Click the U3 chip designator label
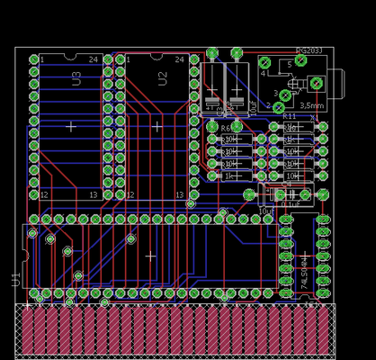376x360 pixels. point(76,78)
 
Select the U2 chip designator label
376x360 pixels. point(163,78)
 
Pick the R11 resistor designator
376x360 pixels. point(290,116)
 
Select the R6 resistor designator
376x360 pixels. point(226,128)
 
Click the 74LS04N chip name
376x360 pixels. point(304,267)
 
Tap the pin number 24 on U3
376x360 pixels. point(94,59)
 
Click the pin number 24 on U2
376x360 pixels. point(180,59)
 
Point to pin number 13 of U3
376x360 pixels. point(93,194)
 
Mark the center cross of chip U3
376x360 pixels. point(71,127)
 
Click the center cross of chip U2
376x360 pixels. point(157,127)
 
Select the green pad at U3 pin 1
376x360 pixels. point(33,60)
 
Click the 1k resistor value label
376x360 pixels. point(228,176)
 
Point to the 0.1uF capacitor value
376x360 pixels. point(291,204)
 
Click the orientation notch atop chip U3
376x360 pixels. point(71,56)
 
